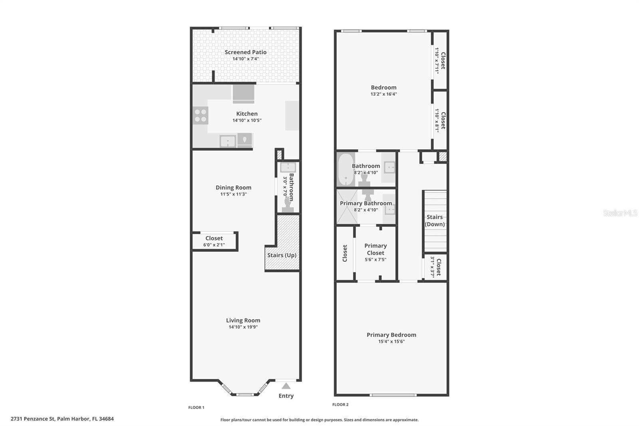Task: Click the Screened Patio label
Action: click(x=245, y=52)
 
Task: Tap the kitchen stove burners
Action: click(x=200, y=116)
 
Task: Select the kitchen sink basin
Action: click(x=228, y=141)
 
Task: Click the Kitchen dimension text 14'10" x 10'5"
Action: click(x=247, y=120)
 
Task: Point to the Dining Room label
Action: click(x=233, y=187)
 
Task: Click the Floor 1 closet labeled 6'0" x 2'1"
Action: click(x=214, y=241)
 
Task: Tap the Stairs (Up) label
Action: click(x=282, y=255)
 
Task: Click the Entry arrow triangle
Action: click(x=286, y=386)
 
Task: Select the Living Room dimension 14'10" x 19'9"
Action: click(x=243, y=327)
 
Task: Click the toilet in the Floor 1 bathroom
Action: click(x=288, y=206)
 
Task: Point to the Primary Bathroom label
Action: click(x=366, y=203)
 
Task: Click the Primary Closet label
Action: click(x=375, y=249)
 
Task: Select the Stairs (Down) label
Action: click(x=435, y=221)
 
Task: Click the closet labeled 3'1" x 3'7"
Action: click(x=435, y=267)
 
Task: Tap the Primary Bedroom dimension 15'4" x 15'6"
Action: click(x=391, y=341)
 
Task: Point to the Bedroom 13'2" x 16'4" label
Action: click(x=383, y=88)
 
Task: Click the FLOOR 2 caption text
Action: click(x=340, y=404)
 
